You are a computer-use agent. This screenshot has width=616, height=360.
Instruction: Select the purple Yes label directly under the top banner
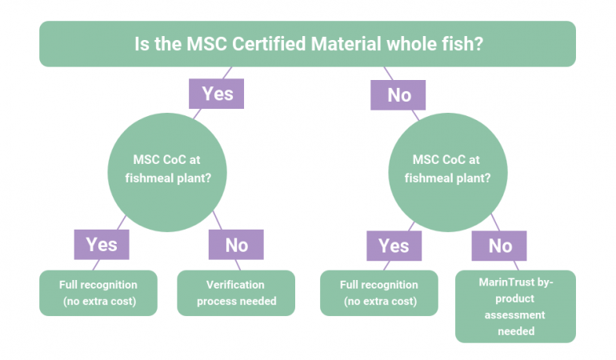(217, 94)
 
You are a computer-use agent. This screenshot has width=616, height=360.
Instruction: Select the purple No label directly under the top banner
(399, 95)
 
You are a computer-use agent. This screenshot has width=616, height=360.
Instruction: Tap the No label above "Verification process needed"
(236, 245)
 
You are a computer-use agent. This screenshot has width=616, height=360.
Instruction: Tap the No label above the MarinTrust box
(499, 246)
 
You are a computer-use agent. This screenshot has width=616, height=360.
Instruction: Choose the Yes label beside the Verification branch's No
(102, 244)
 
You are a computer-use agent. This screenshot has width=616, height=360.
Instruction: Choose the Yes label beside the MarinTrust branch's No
(394, 246)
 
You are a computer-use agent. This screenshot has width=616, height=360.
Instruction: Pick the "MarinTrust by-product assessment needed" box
(515, 306)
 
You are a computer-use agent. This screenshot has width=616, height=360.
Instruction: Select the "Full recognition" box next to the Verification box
(98, 293)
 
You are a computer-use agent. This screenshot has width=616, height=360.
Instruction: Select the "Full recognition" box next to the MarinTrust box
(378, 293)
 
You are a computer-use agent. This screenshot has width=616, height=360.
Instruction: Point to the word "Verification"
(235, 285)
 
